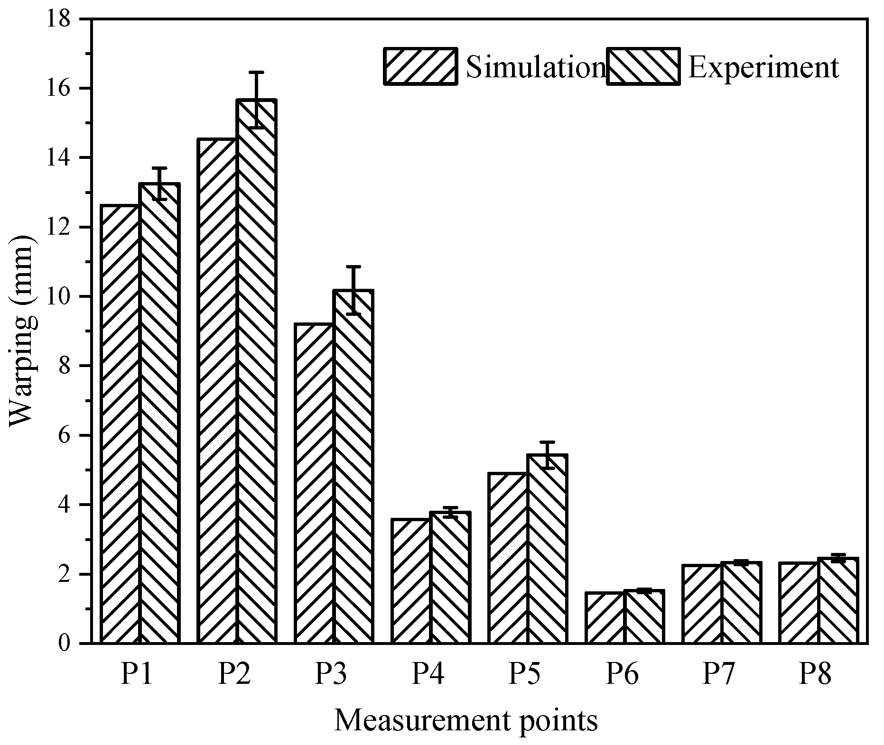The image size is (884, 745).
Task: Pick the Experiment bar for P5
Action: [547, 549]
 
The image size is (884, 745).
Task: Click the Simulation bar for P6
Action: [605, 617]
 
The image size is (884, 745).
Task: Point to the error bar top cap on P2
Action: [256, 73]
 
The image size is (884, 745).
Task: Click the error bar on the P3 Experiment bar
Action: [354, 290]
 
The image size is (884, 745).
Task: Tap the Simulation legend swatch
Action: [420, 66]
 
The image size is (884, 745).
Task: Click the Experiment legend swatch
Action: [643, 66]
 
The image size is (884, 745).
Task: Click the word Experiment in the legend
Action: [763, 67]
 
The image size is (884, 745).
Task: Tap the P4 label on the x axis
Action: [428, 674]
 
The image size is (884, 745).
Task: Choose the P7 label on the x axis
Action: [718, 674]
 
